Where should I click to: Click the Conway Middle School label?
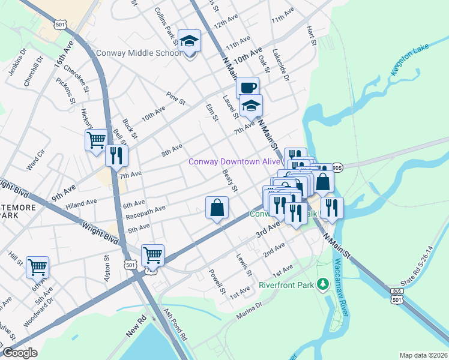click(139, 53)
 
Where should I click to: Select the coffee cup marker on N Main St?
click(247, 88)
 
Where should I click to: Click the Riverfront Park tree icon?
click(323, 283)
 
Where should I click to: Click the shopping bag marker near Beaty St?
click(217, 208)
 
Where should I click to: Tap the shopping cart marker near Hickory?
click(96, 140)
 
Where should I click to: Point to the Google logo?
click(19, 352)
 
